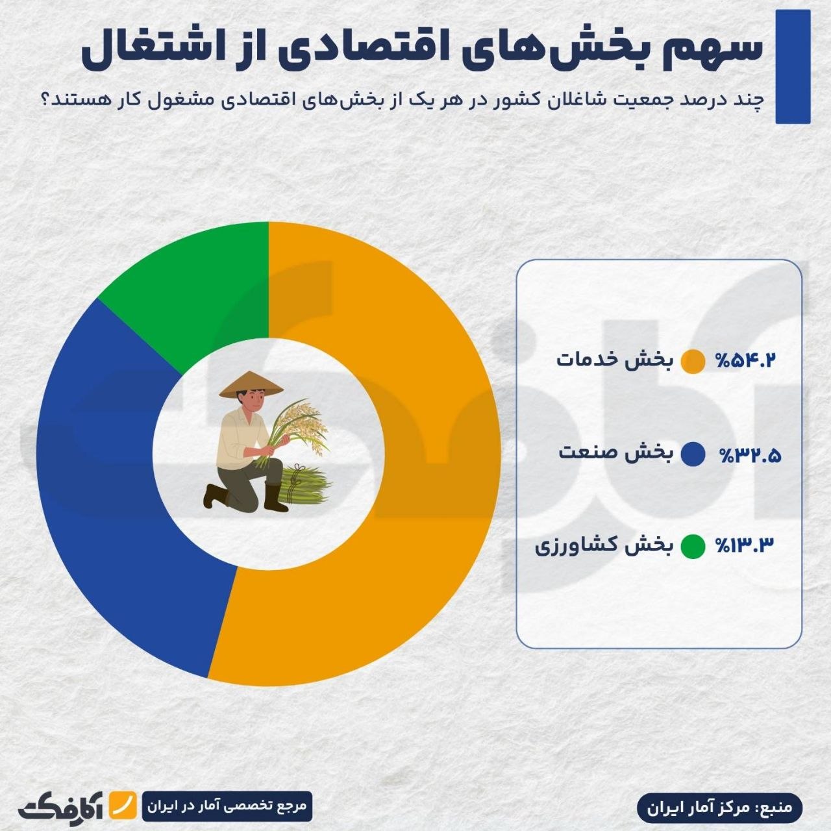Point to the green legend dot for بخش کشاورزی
693,546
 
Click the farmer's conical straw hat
251,384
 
